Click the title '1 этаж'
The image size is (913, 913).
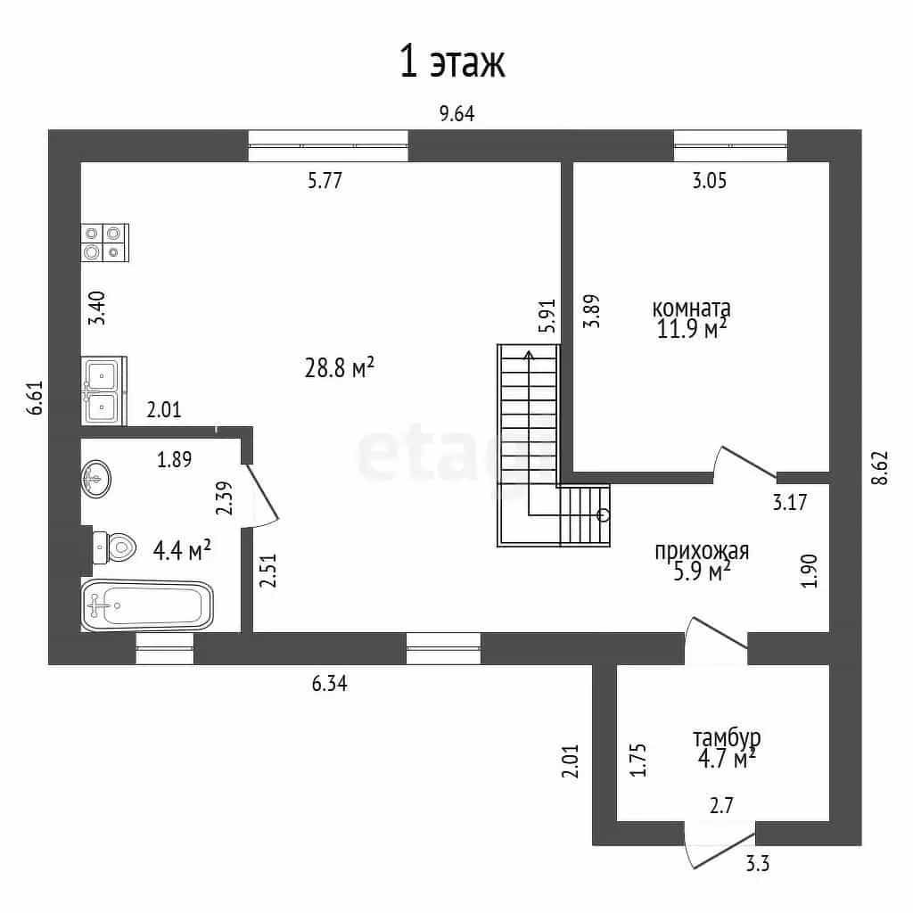coord(452,62)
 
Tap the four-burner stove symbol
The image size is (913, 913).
coord(105,243)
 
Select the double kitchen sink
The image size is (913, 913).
coord(103,391)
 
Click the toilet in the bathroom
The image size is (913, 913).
coord(114,547)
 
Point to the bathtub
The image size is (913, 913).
coord(147,605)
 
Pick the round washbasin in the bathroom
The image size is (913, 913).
coord(96,479)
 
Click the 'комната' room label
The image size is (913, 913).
coord(691,308)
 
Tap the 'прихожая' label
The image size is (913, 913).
coord(702,550)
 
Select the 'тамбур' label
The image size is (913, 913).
coord(726,737)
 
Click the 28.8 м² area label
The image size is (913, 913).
coord(339,367)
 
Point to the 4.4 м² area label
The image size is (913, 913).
coord(182,549)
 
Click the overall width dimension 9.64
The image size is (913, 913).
coord(457,113)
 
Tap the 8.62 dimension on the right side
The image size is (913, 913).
coord(880,468)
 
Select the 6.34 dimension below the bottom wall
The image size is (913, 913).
coord(330,683)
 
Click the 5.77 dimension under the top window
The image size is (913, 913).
coord(325,180)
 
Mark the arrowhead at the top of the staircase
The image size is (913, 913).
coord(529,354)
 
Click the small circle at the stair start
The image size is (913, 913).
coord(604,514)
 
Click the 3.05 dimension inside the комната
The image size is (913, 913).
coord(709,180)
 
